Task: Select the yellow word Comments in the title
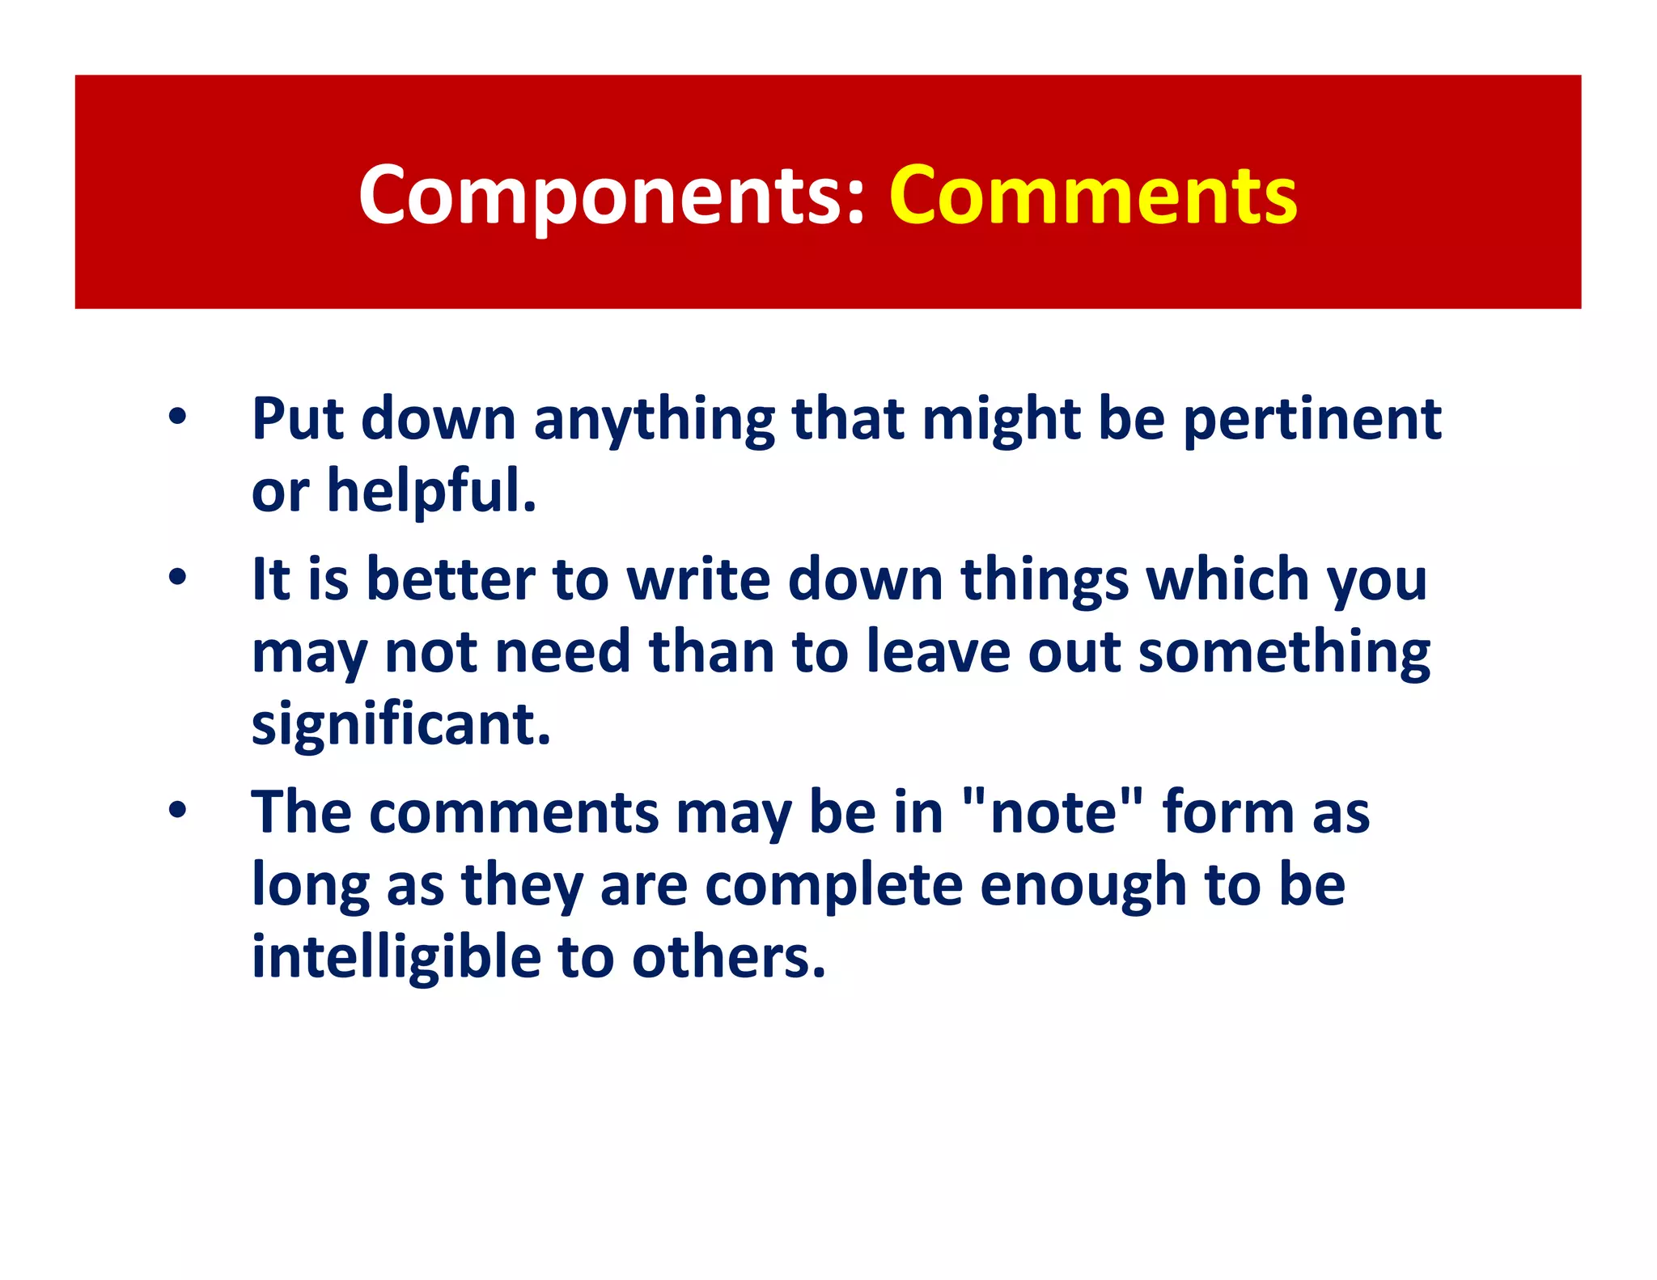pos(1093,195)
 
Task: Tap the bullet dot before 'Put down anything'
pos(177,417)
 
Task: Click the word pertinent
pos(1312,420)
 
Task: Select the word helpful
pos(431,491)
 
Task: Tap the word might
pos(1001,422)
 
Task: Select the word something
pos(1284,654)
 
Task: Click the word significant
pos(400,725)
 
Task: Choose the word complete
pos(833,885)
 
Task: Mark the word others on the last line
pos(728,957)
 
